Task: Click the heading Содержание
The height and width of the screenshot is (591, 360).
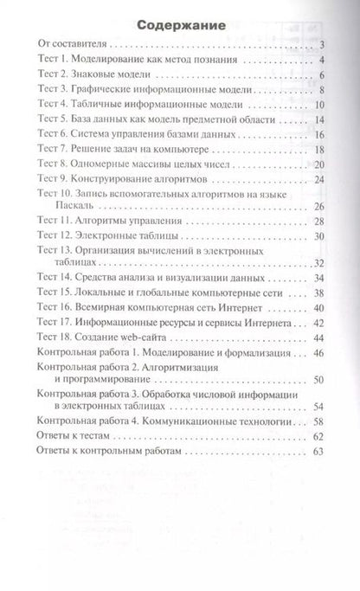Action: click(x=179, y=26)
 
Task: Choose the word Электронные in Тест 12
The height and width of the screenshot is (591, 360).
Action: click(x=110, y=235)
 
